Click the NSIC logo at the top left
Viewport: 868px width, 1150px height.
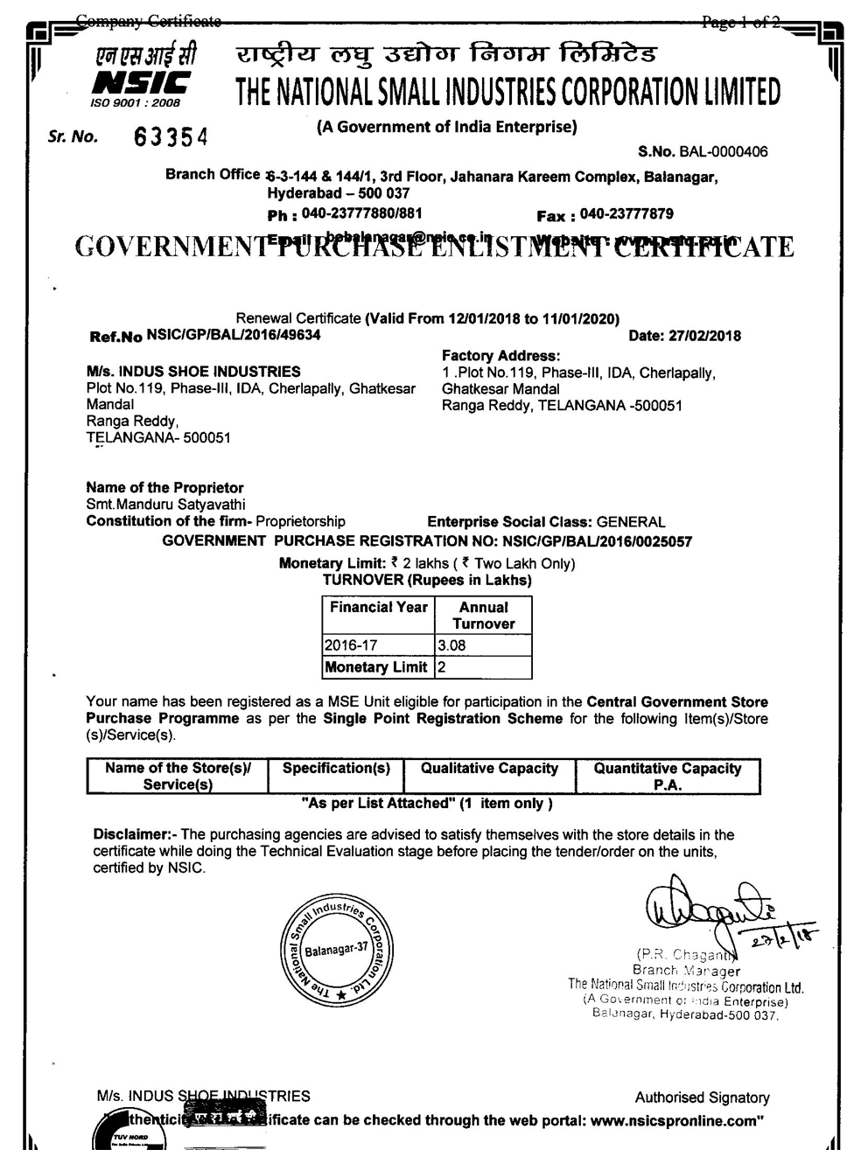click(x=142, y=76)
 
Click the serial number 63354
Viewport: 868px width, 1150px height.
click(x=171, y=138)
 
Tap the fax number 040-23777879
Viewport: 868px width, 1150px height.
click(x=626, y=214)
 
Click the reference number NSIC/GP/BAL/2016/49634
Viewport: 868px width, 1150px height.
click(x=234, y=334)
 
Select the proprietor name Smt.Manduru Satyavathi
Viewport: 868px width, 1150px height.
click(x=165, y=505)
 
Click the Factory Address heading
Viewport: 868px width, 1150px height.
click(x=500, y=356)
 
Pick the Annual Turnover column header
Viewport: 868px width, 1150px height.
click(x=483, y=616)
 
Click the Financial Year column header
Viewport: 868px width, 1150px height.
click(x=378, y=608)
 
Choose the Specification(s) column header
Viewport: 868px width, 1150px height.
click(x=336, y=769)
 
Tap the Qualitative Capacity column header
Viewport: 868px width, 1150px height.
click(x=489, y=769)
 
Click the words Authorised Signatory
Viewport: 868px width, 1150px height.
click(x=702, y=1098)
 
